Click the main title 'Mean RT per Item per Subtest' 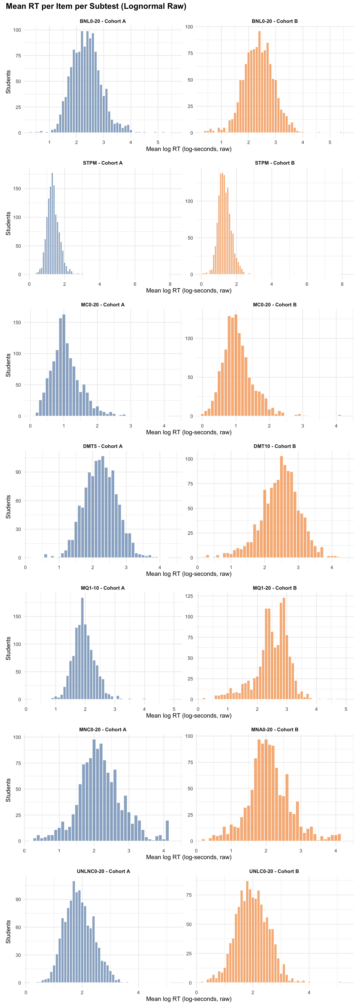pyautogui.click(x=96, y=6)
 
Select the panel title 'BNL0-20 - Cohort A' pyautogui.click(x=103, y=21)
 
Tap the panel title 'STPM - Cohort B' pyautogui.click(x=275, y=163)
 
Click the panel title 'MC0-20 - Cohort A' pyautogui.click(x=103, y=304)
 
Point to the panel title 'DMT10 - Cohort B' pyautogui.click(x=275, y=446)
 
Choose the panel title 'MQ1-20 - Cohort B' pyautogui.click(x=275, y=588)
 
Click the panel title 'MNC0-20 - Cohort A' pyautogui.click(x=103, y=729)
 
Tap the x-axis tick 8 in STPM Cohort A pyautogui.click(x=170, y=284)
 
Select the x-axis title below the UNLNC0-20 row pyautogui.click(x=189, y=999)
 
